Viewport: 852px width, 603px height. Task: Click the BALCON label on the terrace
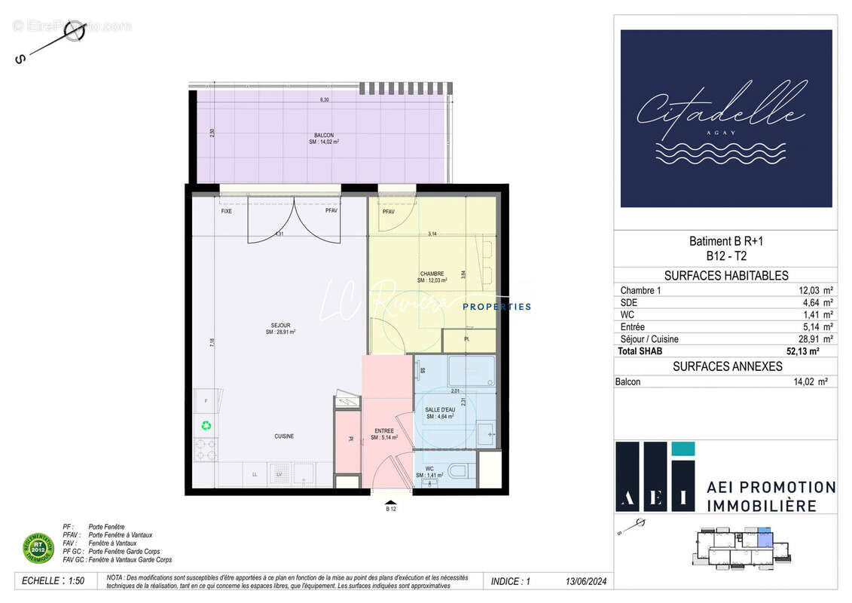pyautogui.click(x=324, y=135)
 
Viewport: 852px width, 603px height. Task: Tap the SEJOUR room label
pyautogui.click(x=279, y=326)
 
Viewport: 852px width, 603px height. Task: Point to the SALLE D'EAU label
pyautogui.click(x=439, y=409)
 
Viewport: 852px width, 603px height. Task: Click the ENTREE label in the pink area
pyautogui.click(x=383, y=431)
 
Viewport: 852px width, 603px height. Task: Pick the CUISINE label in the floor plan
pyautogui.click(x=284, y=436)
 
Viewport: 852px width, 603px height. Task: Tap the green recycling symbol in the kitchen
pyautogui.click(x=206, y=425)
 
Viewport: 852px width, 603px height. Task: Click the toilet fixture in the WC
pyautogui.click(x=457, y=472)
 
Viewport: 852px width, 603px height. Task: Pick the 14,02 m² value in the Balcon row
pyautogui.click(x=810, y=382)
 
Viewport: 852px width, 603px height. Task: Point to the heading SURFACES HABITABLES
pyautogui.click(x=726, y=276)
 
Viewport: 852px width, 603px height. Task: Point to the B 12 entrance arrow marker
pyautogui.click(x=391, y=504)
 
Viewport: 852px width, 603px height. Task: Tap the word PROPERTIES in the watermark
pyautogui.click(x=496, y=307)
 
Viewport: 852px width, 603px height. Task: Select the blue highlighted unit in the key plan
pyautogui.click(x=764, y=538)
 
